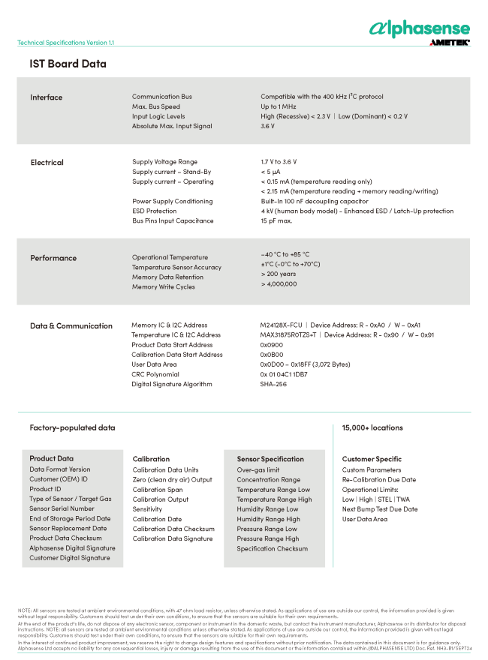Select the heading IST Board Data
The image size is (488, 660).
68,64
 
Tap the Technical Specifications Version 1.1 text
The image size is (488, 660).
66,43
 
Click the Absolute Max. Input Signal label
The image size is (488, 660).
172,126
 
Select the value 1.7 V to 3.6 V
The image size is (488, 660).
279,161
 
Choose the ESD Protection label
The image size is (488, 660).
155,211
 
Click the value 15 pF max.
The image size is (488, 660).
276,220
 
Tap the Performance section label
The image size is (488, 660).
53,258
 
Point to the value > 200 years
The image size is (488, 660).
278,274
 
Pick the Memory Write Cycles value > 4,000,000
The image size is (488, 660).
279,283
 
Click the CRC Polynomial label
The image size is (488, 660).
155,374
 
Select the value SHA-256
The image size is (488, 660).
273,384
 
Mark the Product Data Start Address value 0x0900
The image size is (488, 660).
271,345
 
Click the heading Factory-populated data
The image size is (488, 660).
72,427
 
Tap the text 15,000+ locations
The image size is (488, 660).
372,427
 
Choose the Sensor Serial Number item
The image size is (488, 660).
62,508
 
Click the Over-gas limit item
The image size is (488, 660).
258,469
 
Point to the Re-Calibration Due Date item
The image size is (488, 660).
379,479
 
